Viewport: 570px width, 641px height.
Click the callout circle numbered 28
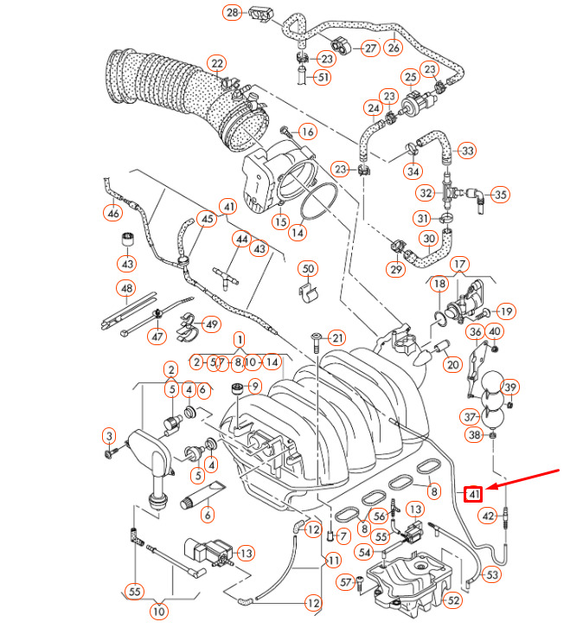tap(233, 13)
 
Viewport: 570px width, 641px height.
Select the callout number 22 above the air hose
tap(217, 63)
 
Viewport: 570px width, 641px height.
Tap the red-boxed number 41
tap(472, 495)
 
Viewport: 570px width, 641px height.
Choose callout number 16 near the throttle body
tap(308, 131)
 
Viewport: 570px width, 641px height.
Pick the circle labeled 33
tap(467, 151)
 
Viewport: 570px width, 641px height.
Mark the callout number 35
tap(501, 194)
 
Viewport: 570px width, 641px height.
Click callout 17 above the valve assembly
tap(459, 264)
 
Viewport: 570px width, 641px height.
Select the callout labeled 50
tap(309, 269)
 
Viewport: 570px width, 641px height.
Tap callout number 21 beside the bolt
tap(336, 337)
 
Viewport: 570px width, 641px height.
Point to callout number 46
tap(113, 213)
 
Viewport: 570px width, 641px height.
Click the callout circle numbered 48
tap(127, 288)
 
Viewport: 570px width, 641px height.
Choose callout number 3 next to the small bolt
tap(109, 434)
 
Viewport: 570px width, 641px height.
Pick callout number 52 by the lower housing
tap(453, 599)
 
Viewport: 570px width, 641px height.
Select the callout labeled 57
tap(345, 582)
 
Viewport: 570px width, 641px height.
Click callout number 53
tap(491, 574)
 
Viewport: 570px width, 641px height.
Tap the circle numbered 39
tap(510, 387)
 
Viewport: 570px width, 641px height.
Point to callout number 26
tap(394, 48)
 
